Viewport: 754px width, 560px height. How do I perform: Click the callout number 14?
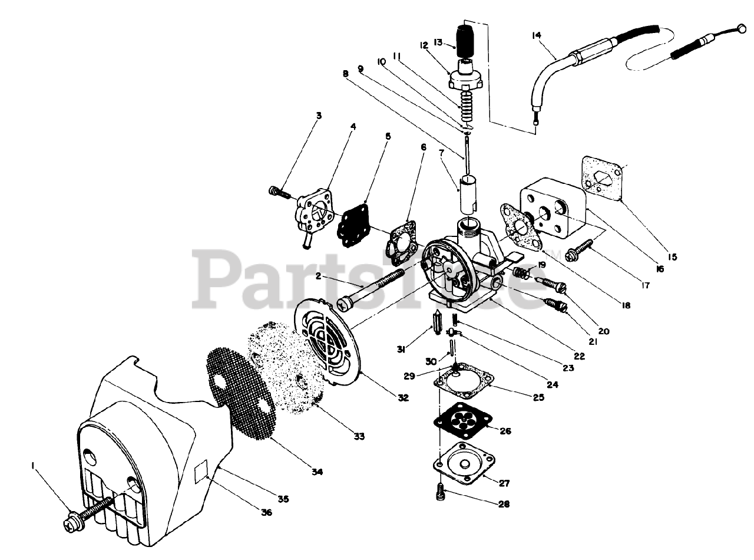point(536,35)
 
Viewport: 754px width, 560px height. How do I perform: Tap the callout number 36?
point(266,512)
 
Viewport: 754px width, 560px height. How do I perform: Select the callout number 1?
point(34,466)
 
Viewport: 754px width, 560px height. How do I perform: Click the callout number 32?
point(402,397)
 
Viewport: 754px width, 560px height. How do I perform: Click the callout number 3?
point(319,116)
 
